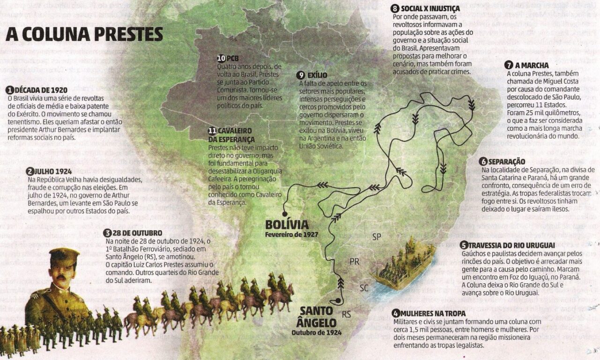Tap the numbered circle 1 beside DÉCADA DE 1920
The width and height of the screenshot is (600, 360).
click(x=9, y=90)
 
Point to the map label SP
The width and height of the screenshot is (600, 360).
click(x=376, y=237)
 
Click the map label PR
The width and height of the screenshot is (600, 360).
click(x=354, y=261)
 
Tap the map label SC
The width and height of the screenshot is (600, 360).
click(x=364, y=287)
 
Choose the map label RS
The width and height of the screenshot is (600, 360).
click(x=347, y=314)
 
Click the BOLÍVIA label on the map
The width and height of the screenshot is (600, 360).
click(x=287, y=225)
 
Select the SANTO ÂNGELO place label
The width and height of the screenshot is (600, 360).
click(x=316, y=317)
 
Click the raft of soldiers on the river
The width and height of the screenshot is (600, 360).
click(x=403, y=265)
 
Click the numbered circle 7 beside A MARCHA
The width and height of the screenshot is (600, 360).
click(x=509, y=65)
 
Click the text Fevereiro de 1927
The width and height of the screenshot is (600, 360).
click(x=292, y=234)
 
